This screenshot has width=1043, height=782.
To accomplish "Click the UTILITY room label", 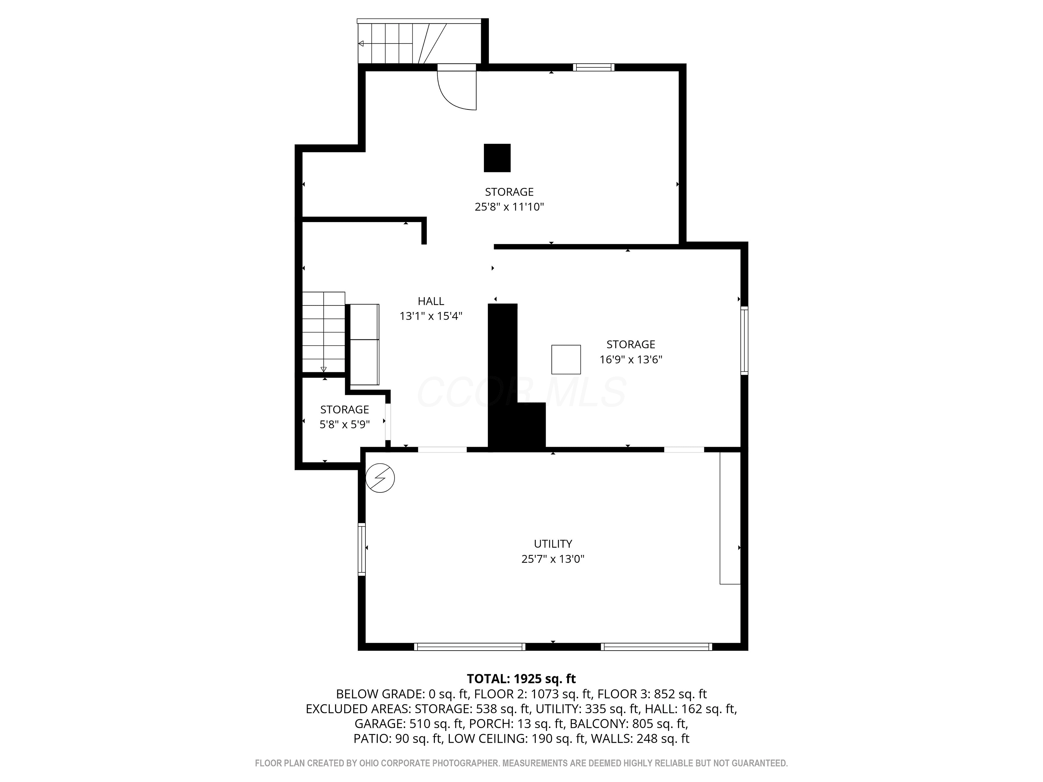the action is pyautogui.click(x=553, y=544).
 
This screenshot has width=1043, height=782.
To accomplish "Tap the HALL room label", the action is pyautogui.click(x=430, y=301).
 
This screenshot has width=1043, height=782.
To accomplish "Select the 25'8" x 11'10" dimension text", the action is pyautogui.click(x=509, y=206).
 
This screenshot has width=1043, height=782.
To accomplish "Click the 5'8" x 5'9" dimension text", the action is pyautogui.click(x=345, y=424).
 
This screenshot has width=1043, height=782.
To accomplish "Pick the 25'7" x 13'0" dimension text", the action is pyautogui.click(x=553, y=559).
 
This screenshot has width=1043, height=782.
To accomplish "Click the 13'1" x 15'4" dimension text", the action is pyautogui.click(x=430, y=316).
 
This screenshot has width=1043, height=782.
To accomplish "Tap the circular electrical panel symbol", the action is pyautogui.click(x=380, y=479).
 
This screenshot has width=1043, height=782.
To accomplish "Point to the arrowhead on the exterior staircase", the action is pyautogui.click(x=361, y=43).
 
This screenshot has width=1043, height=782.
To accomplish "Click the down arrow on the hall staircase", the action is pyautogui.click(x=323, y=369).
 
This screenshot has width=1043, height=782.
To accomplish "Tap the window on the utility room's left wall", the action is pyautogui.click(x=362, y=549).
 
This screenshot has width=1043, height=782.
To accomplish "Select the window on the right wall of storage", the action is pyautogui.click(x=744, y=340).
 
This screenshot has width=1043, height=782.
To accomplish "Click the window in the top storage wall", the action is pyautogui.click(x=594, y=67).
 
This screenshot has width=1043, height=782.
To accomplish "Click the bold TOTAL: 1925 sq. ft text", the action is pyautogui.click(x=521, y=678).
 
